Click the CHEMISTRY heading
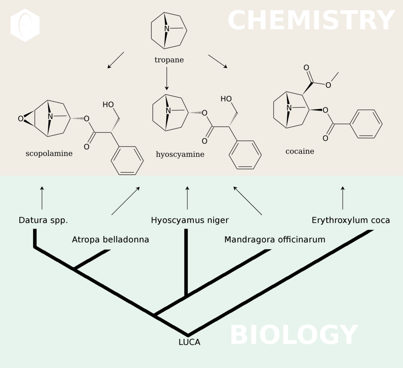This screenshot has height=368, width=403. coord(311,21)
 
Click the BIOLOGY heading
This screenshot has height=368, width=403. coord(293,335)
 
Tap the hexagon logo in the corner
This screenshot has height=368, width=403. coord(25,25)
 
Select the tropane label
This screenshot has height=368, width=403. coord(169,60)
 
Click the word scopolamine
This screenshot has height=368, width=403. coord(49,154)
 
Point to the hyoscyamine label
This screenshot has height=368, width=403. coord(180,155)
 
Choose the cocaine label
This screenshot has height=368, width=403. coord(300,151)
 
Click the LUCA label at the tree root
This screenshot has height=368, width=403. coord(189,342)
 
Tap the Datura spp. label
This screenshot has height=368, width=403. coord(43,220)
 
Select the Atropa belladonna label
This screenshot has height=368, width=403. coord(110,240)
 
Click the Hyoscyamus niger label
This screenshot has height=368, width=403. coord(190,220)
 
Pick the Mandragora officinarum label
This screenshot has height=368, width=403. coord(275,240)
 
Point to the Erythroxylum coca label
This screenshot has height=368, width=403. coord(351,220)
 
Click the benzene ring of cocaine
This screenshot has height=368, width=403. coord(366,124)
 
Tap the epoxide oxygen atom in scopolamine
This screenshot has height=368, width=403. coord(21,119)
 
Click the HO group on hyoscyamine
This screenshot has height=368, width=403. coord(226,99)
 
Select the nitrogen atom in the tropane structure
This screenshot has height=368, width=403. coord(167,29)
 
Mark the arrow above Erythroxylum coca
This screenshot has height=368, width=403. coord(343,197)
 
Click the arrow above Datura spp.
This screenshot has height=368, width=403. coord(42,197)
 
